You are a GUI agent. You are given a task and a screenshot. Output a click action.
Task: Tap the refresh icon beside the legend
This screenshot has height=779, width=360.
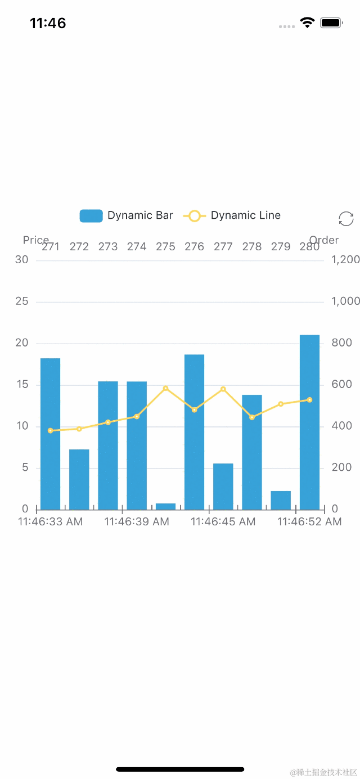[x=346, y=219]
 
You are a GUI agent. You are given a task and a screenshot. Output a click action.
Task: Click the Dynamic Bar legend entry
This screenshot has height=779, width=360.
[x=127, y=215]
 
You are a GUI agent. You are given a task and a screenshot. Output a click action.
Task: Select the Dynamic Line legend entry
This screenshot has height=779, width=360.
[x=232, y=215]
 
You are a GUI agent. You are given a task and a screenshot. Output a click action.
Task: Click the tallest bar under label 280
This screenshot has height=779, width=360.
[x=309, y=422]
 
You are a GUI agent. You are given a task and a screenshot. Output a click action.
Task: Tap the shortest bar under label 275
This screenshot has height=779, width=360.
[x=165, y=506]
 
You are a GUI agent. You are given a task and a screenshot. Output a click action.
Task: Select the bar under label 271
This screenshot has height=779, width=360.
[x=50, y=434]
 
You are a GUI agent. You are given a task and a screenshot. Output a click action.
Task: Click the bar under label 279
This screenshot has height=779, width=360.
[x=281, y=500]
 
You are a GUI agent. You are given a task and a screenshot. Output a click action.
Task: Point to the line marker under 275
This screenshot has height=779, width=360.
[x=165, y=388]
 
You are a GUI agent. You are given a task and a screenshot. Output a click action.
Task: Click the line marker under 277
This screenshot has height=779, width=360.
[x=223, y=389]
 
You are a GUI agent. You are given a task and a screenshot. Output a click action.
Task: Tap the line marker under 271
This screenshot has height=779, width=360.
[x=50, y=430]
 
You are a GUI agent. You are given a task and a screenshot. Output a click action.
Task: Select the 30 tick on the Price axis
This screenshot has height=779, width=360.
[x=22, y=259]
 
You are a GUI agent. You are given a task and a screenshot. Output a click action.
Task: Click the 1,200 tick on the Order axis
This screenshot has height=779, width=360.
[x=345, y=259]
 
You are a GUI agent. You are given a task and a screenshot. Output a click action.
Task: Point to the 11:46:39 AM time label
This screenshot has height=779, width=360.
[x=137, y=522]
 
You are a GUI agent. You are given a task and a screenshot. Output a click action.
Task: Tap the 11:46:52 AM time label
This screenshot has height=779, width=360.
[x=309, y=522]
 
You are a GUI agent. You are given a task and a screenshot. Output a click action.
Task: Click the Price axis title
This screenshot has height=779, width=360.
[x=35, y=240]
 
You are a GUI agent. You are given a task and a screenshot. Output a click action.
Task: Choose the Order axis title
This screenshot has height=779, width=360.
[x=324, y=240]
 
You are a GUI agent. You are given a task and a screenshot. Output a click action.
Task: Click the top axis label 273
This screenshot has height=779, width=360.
[x=108, y=247]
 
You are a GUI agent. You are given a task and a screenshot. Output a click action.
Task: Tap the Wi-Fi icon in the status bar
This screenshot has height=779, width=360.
[x=307, y=22]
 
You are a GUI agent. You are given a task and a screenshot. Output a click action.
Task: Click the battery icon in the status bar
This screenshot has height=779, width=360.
[x=331, y=22]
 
